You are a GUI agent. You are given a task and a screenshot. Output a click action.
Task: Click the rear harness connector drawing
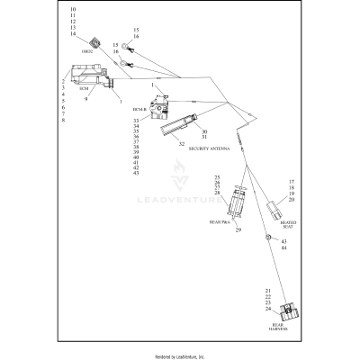tap(290, 314)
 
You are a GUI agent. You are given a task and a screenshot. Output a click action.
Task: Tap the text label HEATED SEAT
tap(287, 224)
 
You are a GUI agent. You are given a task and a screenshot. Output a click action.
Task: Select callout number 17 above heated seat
tap(291, 182)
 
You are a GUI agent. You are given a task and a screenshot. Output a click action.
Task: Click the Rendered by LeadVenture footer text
tap(180, 356)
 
